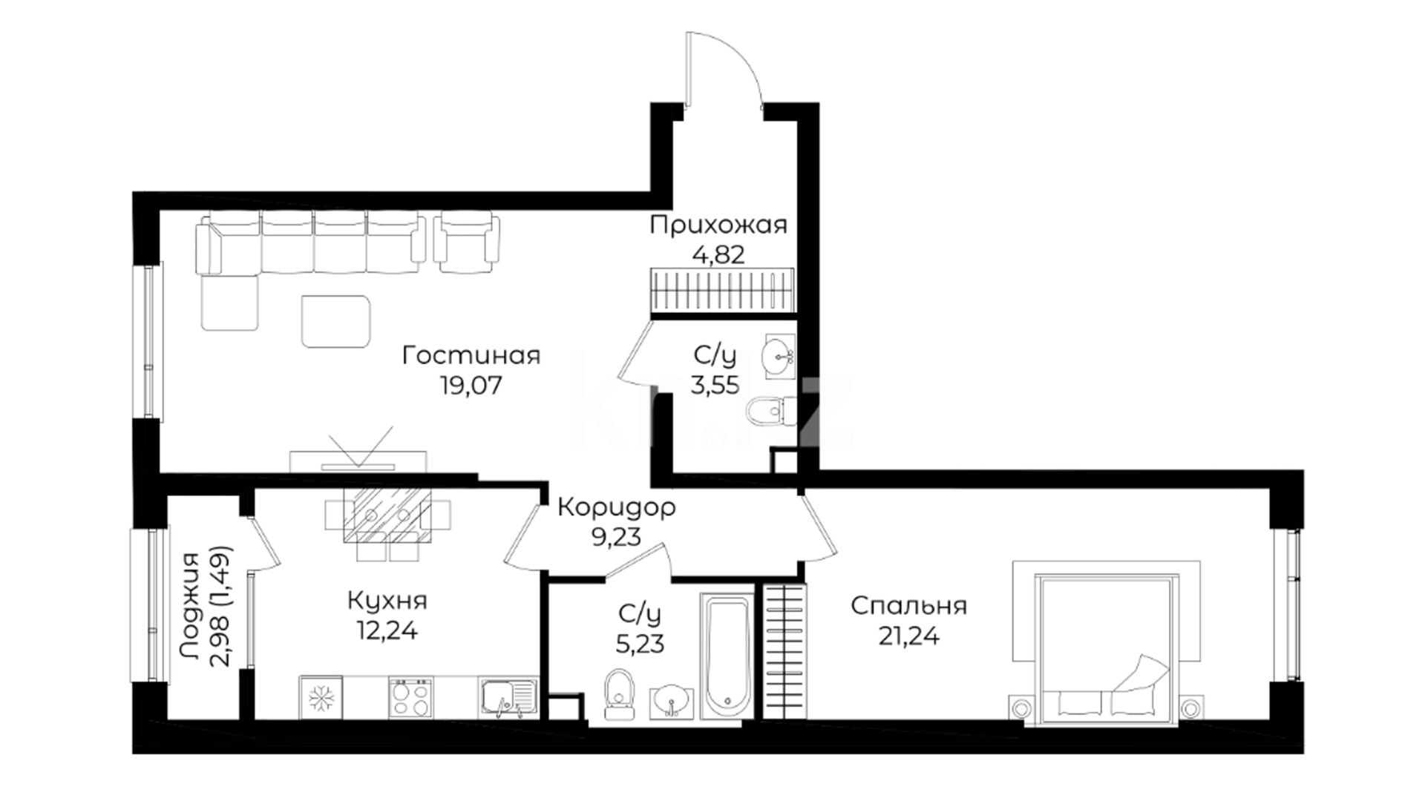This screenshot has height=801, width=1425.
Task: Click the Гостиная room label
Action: pyautogui.click(x=471, y=356)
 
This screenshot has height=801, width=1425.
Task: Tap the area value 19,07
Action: pyautogui.click(x=471, y=386)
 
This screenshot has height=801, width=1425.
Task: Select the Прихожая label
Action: pyautogui.click(x=718, y=225)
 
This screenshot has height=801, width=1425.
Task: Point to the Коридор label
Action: pyautogui.click(x=617, y=508)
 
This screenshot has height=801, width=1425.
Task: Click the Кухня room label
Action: pyautogui.click(x=387, y=600)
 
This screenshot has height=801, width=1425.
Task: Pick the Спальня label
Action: pyautogui.click(x=909, y=606)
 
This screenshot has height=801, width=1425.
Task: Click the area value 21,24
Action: pyautogui.click(x=909, y=636)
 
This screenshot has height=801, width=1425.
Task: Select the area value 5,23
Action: pyautogui.click(x=641, y=643)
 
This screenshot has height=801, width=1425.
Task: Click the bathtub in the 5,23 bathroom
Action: pyautogui.click(x=727, y=656)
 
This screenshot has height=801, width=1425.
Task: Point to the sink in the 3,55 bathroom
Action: pyautogui.click(x=779, y=357)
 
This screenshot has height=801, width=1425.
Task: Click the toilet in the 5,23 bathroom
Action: pyautogui.click(x=619, y=695)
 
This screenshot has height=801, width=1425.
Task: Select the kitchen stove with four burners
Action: pyautogui.click(x=410, y=698)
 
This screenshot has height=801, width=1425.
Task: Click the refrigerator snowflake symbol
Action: pyautogui.click(x=321, y=697)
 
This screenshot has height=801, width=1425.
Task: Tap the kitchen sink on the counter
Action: pyautogui.click(x=508, y=698)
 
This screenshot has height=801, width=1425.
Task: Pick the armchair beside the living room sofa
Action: pyautogui.click(x=466, y=243)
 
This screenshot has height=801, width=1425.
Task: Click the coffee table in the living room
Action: pyautogui.click(x=336, y=321)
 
